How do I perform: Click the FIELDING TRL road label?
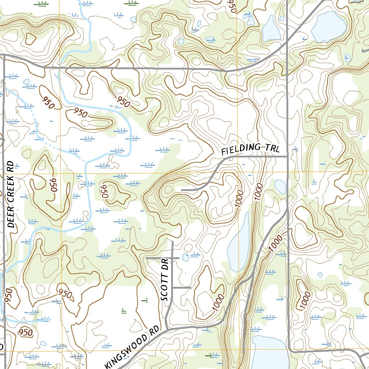[x=250, y=148]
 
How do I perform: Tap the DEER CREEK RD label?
[x=10, y=195]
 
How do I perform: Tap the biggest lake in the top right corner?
[x=328, y=26]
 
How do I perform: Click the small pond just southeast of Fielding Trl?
[x=280, y=187]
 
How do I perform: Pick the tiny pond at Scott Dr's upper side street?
[x=186, y=257]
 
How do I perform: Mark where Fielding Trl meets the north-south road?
[x=287, y=156]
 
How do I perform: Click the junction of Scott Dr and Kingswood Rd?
[x=168, y=329]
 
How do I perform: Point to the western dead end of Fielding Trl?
[x=181, y=190]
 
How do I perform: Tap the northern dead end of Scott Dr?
[x=172, y=243]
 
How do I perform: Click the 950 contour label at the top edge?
[x=231, y=6]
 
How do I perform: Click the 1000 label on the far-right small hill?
[x=305, y=300]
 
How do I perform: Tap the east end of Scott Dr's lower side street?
[x=190, y=288]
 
